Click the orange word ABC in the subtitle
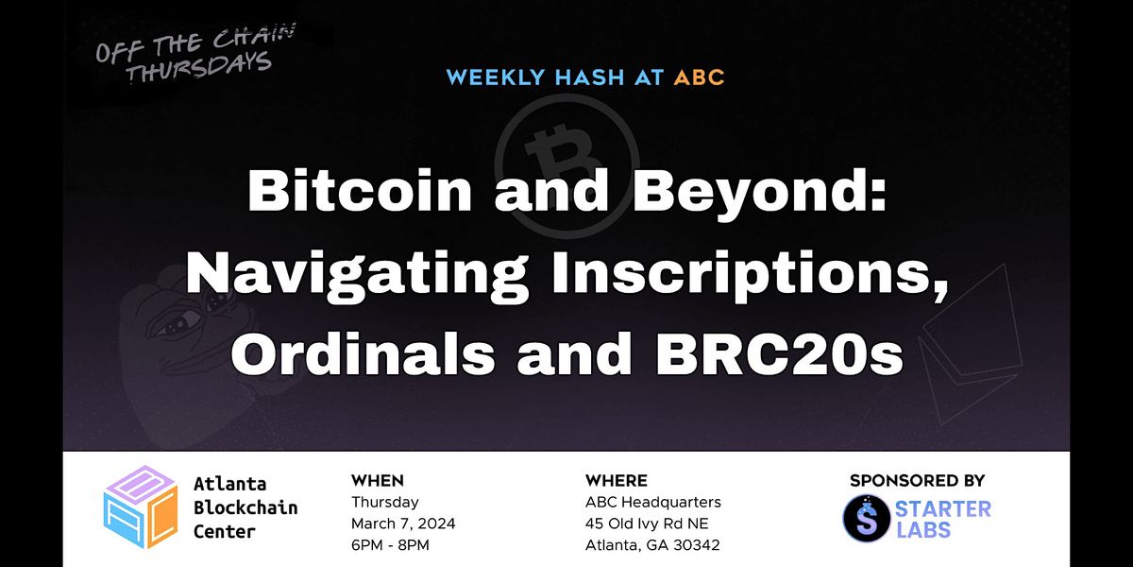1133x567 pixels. (699, 77)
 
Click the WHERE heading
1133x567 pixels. (616, 481)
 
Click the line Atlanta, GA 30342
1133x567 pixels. (652, 544)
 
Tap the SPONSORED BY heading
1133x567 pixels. (917, 481)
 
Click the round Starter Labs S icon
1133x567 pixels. (865, 519)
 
